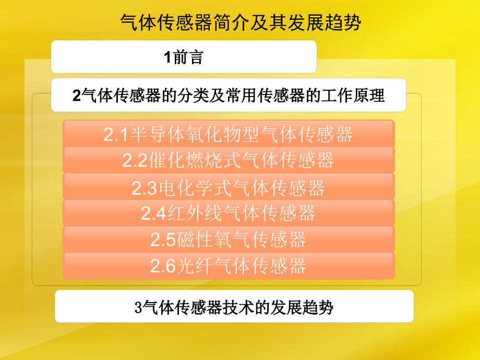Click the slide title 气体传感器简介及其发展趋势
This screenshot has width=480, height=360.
[x=241, y=23]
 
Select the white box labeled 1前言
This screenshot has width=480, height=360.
[x=184, y=57]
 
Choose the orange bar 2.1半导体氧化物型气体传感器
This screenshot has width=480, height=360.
[x=229, y=134]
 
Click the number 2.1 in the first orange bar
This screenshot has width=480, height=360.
[x=116, y=135]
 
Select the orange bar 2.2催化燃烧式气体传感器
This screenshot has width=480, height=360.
[x=229, y=160]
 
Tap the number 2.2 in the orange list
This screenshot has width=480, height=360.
[x=135, y=161]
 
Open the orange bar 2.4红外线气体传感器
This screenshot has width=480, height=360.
[x=229, y=213]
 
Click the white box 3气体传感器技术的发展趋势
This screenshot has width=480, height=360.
[x=234, y=306]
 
